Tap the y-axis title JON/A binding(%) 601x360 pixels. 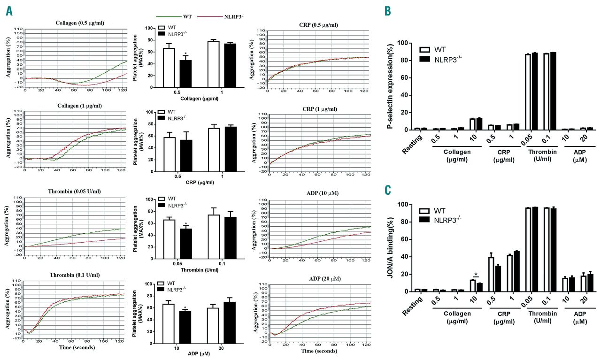coord(390,248)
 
